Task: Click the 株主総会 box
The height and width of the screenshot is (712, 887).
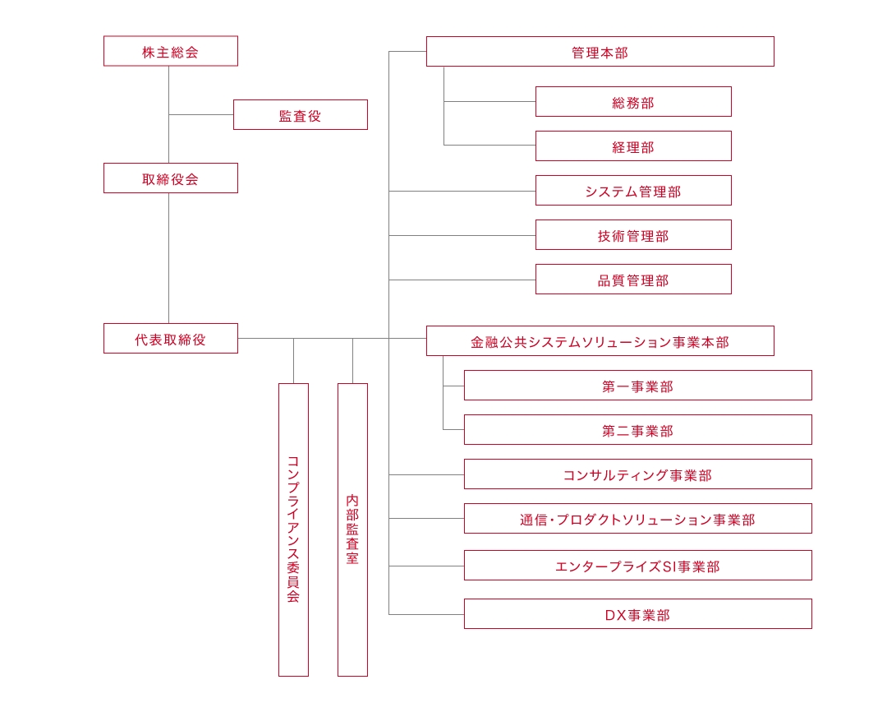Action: [170, 51]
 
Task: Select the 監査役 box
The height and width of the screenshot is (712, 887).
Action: [301, 115]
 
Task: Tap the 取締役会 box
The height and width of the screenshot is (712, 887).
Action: [170, 178]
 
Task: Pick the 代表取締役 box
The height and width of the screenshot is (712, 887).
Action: [170, 339]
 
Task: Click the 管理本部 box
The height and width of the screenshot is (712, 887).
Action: [600, 52]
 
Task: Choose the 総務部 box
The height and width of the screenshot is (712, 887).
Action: [633, 102]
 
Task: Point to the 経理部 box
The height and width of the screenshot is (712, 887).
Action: [633, 146]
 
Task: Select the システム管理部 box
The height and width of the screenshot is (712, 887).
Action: [633, 190]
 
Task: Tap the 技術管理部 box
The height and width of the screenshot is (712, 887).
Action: [633, 235]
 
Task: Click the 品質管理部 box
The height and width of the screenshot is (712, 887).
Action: [633, 280]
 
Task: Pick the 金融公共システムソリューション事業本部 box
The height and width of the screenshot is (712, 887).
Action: [600, 341]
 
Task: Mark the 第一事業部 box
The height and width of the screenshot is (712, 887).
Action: [638, 385]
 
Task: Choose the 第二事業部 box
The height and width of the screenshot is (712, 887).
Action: [638, 430]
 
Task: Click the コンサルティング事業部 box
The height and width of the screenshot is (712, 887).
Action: [638, 474]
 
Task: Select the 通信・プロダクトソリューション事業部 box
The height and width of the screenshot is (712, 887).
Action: [638, 519]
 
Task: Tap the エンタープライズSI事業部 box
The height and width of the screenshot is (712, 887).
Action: [638, 566]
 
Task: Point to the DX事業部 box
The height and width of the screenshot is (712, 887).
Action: [638, 614]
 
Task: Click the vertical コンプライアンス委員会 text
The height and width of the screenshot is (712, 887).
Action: [293, 529]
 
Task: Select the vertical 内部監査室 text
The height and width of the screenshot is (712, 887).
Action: [352, 529]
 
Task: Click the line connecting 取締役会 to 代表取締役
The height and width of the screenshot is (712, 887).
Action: [168, 258]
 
